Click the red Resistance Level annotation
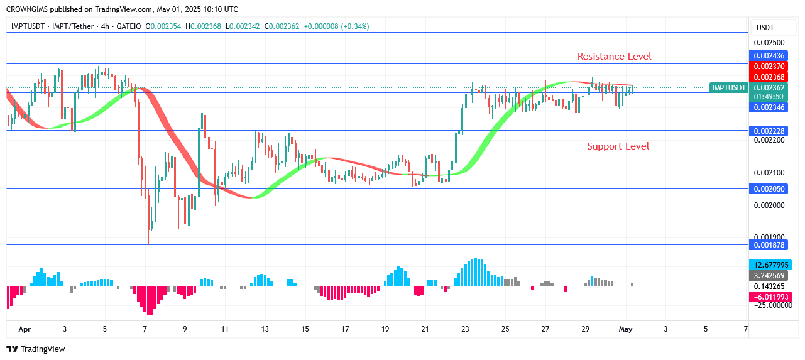(x=614, y=57)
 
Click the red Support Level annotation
(x=618, y=146)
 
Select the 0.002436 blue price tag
(x=769, y=56)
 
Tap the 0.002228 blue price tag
(x=769, y=131)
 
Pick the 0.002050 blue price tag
(x=769, y=188)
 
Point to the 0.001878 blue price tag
(x=769, y=244)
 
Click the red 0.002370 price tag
(x=769, y=67)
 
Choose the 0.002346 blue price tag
(x=769, y=107)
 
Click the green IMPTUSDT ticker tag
(x=729, y=88)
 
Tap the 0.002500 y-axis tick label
(x=769, y=43)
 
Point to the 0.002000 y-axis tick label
(x=769, y=205)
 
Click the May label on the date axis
(x=625, y=329)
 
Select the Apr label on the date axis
(x=25, y=329)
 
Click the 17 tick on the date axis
(x=345, y=329)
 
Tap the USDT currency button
(x=765, y=27)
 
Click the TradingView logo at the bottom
(x=36, y=349)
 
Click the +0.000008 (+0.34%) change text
(x=336, y=26)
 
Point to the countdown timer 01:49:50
(x=769, y=97)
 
